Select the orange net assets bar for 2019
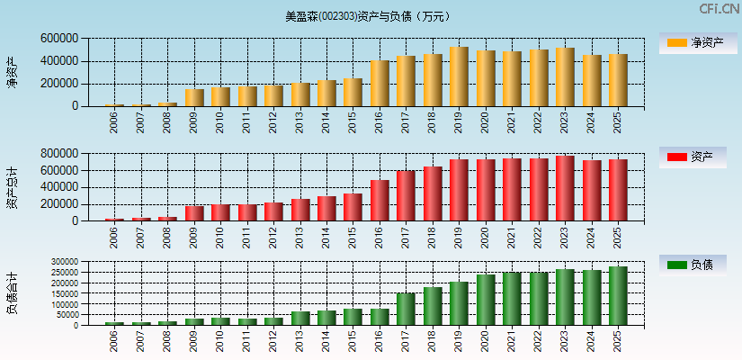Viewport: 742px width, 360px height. point(459,77)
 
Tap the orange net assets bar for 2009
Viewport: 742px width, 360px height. point(194,98)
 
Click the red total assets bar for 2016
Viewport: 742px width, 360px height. point(380,201)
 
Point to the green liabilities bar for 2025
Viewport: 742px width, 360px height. point(618,296)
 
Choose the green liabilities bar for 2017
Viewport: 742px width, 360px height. point(406,310)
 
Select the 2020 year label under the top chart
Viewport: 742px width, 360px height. point(486,122)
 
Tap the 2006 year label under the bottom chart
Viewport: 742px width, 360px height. point(114,340)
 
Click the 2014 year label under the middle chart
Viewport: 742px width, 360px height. point(326,237)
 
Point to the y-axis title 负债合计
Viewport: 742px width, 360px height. point(12,292)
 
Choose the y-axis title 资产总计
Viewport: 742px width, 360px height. point(12,187)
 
